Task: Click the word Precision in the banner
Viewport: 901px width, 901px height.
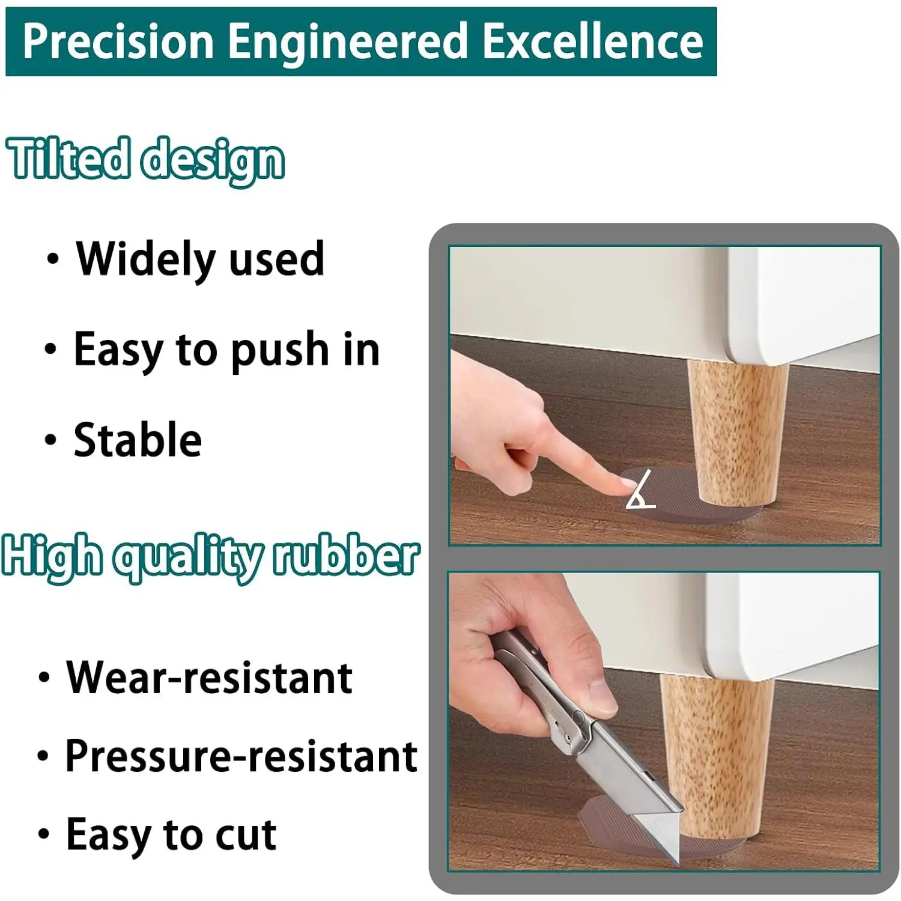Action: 118,41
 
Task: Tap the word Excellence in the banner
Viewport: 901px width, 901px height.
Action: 593,41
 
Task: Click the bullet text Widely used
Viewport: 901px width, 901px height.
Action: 200,259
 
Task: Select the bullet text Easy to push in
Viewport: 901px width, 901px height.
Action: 226,350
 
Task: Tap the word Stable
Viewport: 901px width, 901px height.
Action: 138,440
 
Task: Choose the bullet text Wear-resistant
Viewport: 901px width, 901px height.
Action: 209,678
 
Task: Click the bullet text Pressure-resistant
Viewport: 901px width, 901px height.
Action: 241,756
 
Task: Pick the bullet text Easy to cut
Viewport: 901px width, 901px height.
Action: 171,834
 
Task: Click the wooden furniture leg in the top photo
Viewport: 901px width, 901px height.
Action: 736,432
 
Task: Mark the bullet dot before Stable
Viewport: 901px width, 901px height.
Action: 51,440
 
